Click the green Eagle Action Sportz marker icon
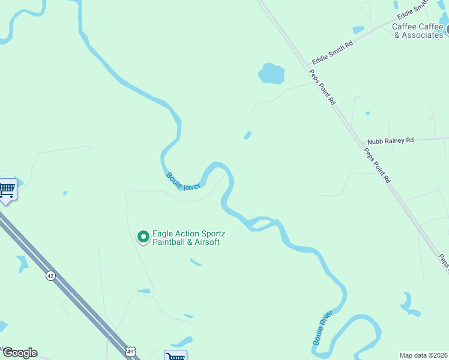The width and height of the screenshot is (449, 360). tap(143, 238)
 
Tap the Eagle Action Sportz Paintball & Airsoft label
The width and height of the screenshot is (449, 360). tap(186, 238)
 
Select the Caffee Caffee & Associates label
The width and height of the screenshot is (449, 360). tap(418, 31)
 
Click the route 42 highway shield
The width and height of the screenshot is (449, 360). tap(50, 275)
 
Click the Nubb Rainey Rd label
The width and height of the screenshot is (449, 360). tap(391, 140)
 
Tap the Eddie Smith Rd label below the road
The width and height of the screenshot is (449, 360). tap(332, 53)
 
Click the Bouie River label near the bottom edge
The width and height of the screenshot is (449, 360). tap(322, 328)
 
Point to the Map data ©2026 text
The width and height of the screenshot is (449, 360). tap(423, 355)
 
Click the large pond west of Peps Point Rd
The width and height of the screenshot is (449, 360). tap(271, 73)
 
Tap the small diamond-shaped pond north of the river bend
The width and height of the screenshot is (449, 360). tap(247, 136)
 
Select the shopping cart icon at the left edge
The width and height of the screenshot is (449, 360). tap(7, 190)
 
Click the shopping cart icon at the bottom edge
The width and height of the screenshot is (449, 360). tap(175, 356)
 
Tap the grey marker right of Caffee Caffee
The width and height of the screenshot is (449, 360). tap(447, 28)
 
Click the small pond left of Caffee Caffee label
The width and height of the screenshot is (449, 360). tap(358, 30)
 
